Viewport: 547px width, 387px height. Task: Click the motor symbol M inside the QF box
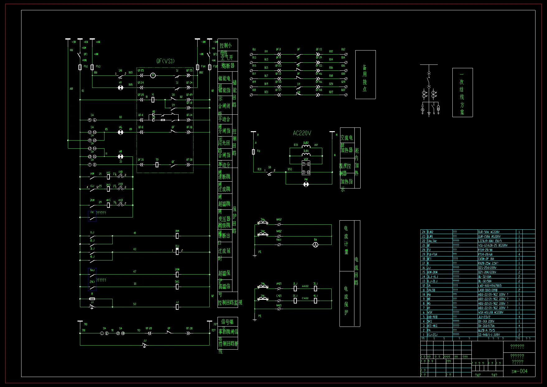point(153,75)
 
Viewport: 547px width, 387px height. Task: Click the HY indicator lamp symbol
point(120,88)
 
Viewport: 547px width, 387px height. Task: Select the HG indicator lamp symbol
point(120,132)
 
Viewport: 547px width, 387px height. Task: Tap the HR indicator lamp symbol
point(120,156)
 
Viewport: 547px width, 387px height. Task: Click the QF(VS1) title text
point(166,61)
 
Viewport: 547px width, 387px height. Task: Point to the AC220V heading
point(302,133)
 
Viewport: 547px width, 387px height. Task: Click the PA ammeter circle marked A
point(316,245)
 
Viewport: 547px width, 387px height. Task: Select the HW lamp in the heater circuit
point(306,184)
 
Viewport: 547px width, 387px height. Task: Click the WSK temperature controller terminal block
point(306,168)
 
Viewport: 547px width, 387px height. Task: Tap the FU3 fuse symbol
point(92,67)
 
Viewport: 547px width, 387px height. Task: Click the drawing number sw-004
point(519,371)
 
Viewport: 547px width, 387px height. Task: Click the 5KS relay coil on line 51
point(177,287)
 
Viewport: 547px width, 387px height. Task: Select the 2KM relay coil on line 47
point(177,275)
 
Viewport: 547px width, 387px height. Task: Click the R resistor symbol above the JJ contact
point(92,299)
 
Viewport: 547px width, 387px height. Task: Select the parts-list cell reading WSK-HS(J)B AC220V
point(490,312)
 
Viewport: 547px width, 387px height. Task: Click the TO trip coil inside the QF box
point(157,165)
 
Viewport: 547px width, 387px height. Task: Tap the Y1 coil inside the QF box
point(153,100)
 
